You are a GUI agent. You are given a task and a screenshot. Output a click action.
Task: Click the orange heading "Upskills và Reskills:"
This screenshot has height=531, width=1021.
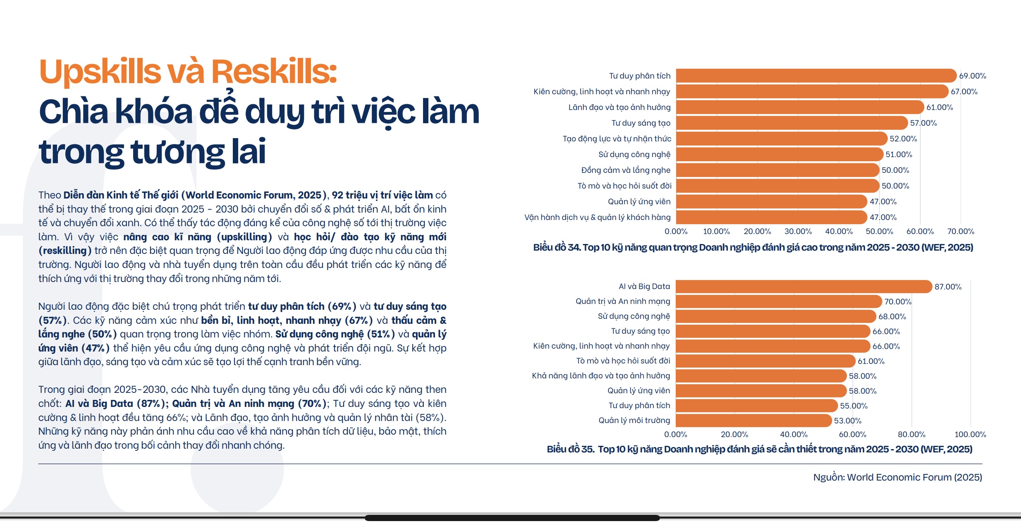point(188,72)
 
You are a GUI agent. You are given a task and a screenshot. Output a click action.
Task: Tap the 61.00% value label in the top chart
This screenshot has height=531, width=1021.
point(939,108)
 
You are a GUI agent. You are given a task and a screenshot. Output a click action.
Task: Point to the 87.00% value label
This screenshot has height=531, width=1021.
point(947,287)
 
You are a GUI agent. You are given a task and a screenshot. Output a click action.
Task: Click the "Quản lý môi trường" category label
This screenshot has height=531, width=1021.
point(634,421)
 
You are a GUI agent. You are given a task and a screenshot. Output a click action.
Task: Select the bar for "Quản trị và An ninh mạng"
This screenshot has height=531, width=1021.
point(778,301)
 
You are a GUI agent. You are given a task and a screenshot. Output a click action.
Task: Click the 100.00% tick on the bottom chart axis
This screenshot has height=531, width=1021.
point(970,435)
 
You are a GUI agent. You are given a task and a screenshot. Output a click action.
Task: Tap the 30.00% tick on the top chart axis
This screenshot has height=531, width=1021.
point(798,232)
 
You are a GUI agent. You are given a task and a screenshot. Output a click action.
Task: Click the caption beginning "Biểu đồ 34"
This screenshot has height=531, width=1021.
point(753,248)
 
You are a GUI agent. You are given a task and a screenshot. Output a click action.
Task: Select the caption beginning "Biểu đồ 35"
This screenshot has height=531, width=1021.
point(759,449)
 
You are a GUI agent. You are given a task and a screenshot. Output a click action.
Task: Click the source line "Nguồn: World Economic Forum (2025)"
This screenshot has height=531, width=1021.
point(897,477)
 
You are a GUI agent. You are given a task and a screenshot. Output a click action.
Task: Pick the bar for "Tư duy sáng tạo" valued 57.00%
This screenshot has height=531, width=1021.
point(791,123)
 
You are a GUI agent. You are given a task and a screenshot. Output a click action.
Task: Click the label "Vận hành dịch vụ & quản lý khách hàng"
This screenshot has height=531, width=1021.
point(597,218)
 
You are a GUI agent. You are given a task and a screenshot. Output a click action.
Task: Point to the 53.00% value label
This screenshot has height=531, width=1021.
point(847,421)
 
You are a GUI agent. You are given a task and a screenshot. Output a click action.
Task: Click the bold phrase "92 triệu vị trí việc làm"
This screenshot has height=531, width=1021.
point(382,195)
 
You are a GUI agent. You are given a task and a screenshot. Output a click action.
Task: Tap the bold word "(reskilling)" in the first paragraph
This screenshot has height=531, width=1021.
point(65,251)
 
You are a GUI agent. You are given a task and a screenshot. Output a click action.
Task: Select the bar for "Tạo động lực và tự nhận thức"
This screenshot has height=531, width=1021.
point(781,139)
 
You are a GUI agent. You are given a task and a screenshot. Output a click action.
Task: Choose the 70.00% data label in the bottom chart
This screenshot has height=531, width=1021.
point(897,302)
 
